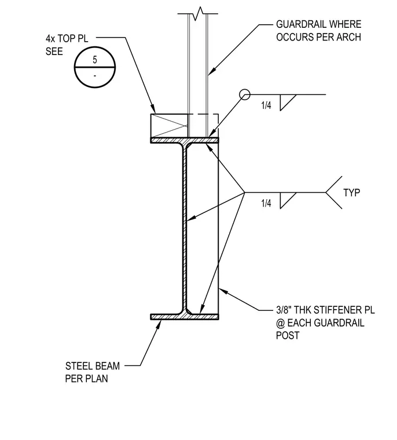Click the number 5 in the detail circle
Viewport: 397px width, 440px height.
[x=95, y=60]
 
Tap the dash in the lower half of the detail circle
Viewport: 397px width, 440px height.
[x=95, y=75]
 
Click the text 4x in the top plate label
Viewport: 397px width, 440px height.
[x=50, y=38]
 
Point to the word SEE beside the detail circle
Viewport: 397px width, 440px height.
[x=54, y=52]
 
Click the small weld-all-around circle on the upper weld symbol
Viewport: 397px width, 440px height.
[x=245, y=94]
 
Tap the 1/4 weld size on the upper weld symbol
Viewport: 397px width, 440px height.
[x=266, y=105]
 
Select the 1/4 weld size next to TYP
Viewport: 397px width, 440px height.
[x=266, y=203]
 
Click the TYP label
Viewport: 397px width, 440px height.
[x=352, y=193]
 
